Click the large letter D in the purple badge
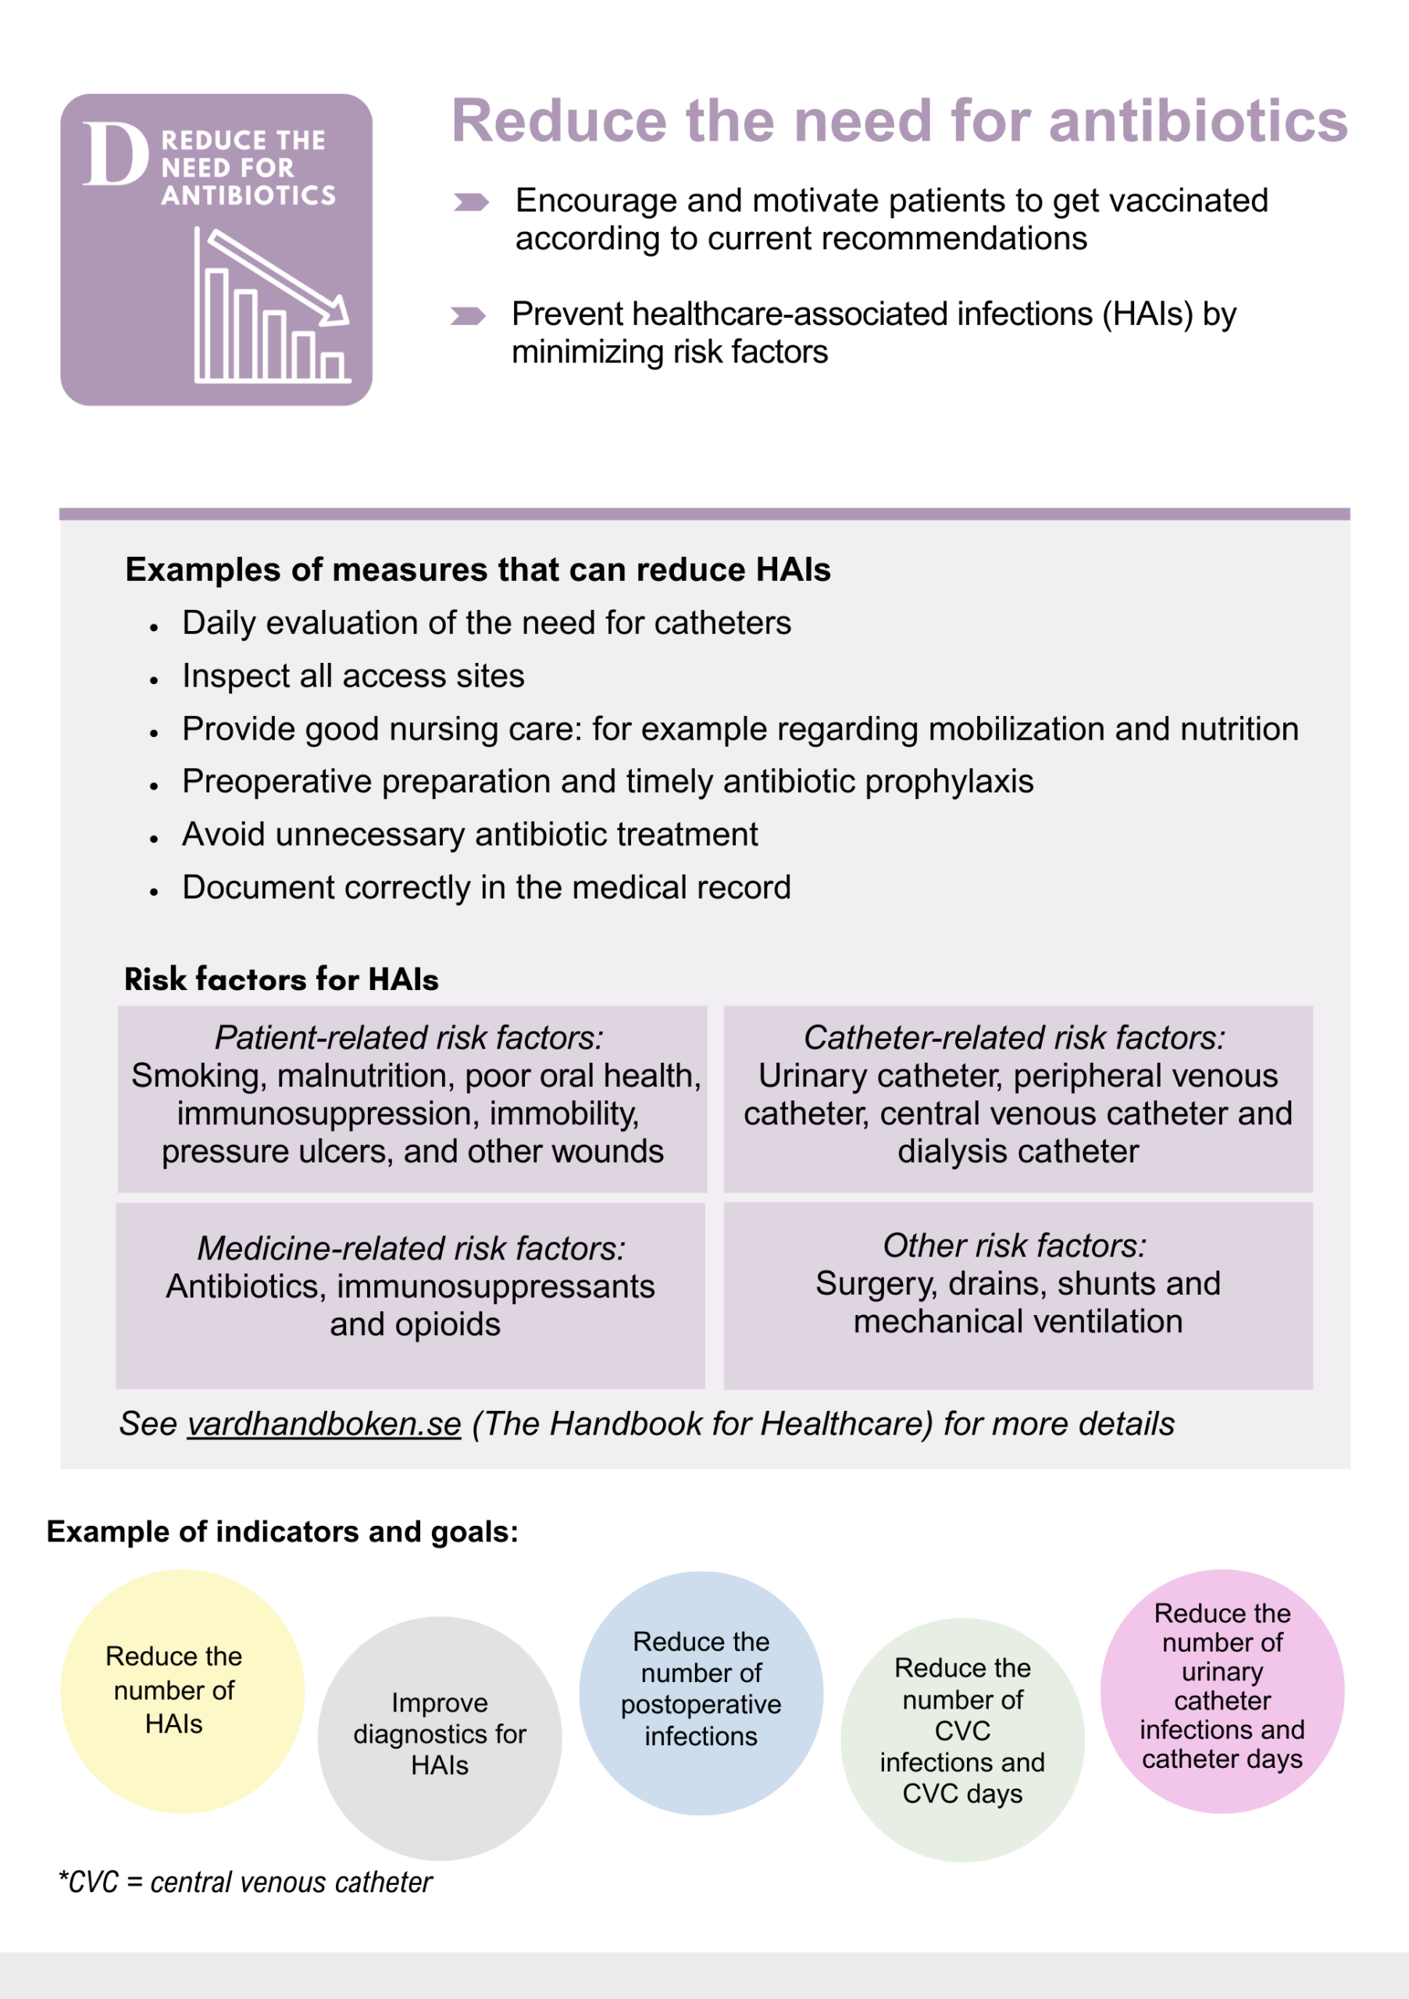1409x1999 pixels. tap(115, 155)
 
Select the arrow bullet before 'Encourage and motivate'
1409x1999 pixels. tap(471, 203)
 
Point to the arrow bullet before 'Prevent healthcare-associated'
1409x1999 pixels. tap(468, 315)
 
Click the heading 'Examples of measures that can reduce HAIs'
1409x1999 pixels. tap(477, 569)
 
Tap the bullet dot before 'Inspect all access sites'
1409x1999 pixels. tap(154, 680)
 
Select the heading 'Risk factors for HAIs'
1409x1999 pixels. tap(281, 978)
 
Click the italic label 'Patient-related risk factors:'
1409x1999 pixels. tap(408, 1037)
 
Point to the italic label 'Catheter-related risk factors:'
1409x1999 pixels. tap(1015, 1037)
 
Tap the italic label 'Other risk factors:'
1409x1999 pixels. tap(1015, 1245)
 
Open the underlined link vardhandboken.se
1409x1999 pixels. tap(324, 1424)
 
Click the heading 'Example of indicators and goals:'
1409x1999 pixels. tap(282, 1531)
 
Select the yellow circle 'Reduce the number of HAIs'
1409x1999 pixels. tap(182, 1691)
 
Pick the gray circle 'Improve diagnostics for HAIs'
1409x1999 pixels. tap(440, 1738)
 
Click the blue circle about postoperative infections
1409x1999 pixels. tap(701, 1693)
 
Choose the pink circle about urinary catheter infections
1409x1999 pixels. tap(1222, 1691)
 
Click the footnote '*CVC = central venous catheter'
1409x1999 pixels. tap(245, 1883)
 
